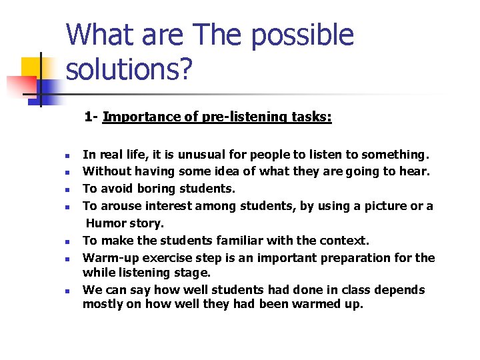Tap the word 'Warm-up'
point(107,258)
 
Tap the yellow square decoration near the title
point(31,67)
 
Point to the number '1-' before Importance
point(91,117)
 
